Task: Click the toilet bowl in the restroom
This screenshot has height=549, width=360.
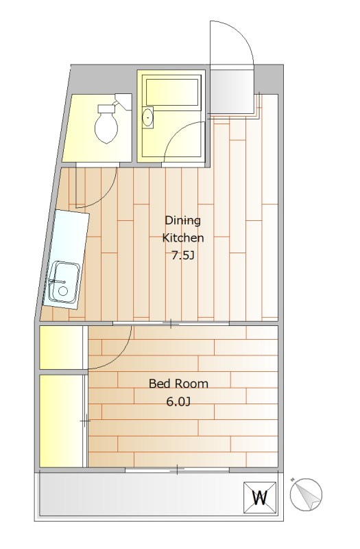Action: coord(106,128)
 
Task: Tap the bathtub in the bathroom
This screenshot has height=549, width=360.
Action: coord(172,92)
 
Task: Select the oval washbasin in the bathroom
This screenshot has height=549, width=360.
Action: coord(148,117)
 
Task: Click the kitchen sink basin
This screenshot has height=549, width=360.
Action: coord(63,282)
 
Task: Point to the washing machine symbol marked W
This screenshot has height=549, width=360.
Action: coord(260,498)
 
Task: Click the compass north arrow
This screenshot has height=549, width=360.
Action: coord(306,494)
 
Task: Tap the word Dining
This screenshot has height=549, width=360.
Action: coord(182,221)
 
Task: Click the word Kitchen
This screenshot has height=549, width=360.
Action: coord(183,238)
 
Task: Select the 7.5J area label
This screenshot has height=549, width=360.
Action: coord(182,256)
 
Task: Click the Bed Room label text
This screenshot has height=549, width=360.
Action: coord(178,384)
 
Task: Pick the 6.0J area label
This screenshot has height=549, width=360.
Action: coord(178,401)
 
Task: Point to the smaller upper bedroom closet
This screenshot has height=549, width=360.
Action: coord(61,347)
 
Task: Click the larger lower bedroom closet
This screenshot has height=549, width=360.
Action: coord(61,421)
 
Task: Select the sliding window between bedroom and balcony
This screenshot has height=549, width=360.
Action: coord(177,469)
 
